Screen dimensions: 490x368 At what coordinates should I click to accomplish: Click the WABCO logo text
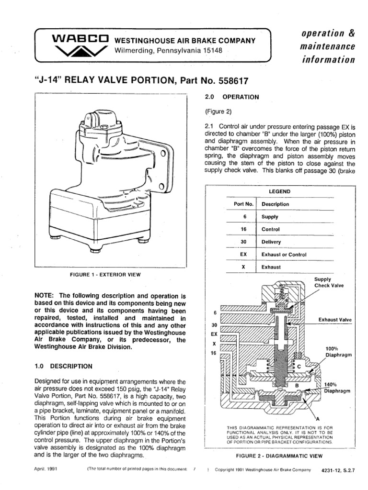click(79, 39)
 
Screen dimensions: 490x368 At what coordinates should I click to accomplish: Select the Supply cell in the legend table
click(270, 217)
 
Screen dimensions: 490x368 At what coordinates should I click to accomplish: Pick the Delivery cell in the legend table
click(271, 242)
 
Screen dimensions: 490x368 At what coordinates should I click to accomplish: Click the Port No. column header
click(243, 204)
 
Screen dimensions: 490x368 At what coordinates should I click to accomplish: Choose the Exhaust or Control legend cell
click(284, 255)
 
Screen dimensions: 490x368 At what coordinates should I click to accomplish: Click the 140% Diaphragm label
click(338, 387)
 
